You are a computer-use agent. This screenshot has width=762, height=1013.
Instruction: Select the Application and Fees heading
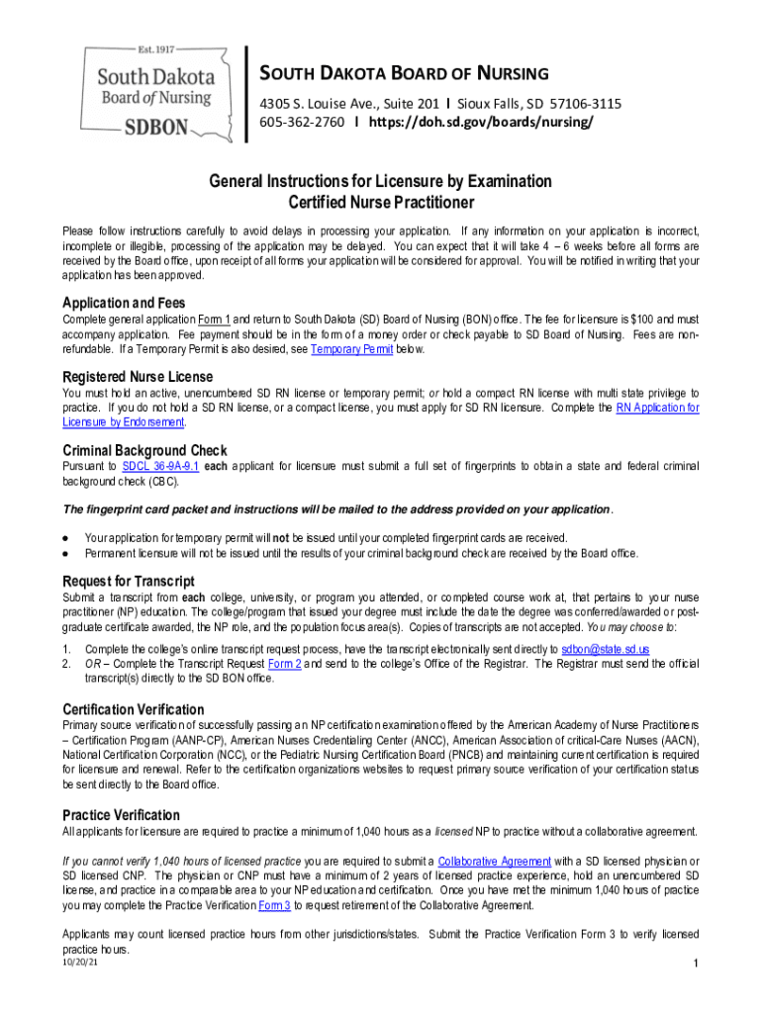click(x=124, y=303)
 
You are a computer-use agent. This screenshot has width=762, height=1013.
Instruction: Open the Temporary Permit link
click(x=351, y=349)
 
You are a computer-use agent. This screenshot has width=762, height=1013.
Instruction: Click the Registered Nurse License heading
click(x=138, y=377)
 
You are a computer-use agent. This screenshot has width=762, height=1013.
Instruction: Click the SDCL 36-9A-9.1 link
click(x=160, y=465)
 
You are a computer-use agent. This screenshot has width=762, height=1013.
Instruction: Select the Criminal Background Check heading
click(x=145, y=450)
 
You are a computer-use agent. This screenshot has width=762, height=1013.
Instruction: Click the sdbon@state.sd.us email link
click(x=605, y=649)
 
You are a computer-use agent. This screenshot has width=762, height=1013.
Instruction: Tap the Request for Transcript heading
click(x=129, y=581)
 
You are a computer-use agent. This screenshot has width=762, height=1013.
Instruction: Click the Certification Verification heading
click(x=134, y=709)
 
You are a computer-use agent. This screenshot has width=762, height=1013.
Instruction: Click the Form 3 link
click(x=274, y=904)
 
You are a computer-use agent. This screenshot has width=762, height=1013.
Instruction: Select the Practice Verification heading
click(x=122, y=815)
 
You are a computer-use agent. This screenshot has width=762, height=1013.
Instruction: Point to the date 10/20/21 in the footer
click(x=79, y=960)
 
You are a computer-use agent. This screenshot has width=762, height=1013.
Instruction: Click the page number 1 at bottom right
click(x=696, y=964)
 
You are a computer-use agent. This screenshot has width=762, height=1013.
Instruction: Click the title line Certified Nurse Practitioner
click(x=380, y=203)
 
